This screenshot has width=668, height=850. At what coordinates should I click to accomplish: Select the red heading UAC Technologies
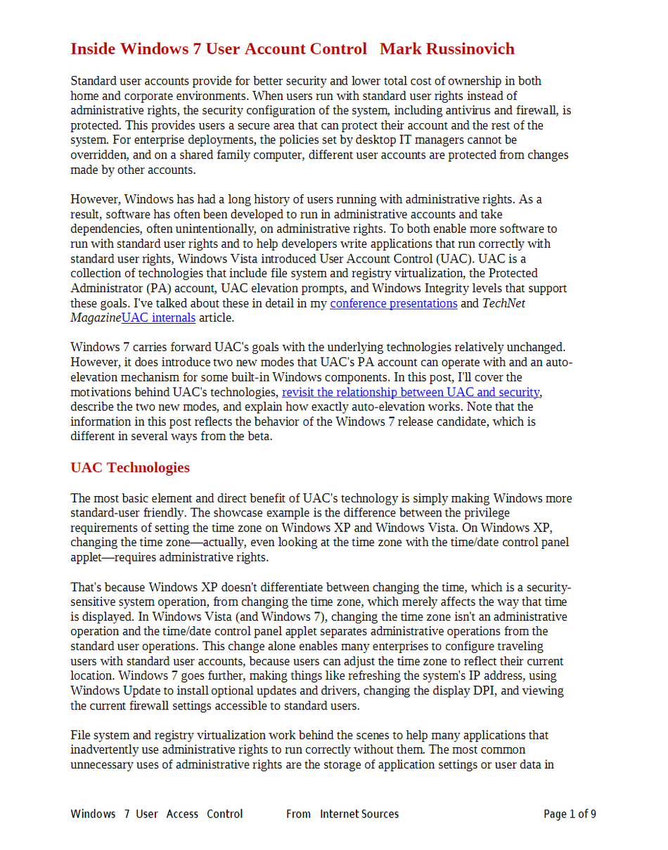tap(130, 467)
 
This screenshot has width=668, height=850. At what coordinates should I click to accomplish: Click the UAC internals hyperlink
tap(158, 318)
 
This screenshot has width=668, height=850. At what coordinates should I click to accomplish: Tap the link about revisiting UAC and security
tap(411, 392)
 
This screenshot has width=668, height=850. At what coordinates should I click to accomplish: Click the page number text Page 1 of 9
tap(570, 814)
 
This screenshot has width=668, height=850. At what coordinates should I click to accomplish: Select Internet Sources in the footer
tap(359, 814)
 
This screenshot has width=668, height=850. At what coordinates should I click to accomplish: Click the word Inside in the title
tap(94, 49)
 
